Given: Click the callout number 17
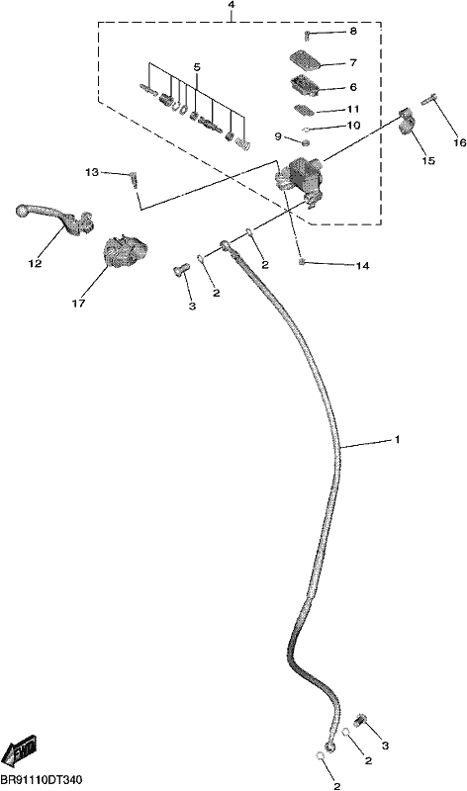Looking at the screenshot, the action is coord(79,304).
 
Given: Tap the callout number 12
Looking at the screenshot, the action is coord(35,263).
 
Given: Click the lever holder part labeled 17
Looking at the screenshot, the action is coord(126,251).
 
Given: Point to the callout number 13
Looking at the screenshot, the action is coord(92,172).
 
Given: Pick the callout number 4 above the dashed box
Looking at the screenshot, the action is coord(232,5).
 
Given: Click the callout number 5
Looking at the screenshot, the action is coord(197,67).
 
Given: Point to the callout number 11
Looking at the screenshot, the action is coord(353,109).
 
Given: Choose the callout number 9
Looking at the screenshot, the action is coord(278,136).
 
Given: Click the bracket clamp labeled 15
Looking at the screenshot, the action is coord(408,123).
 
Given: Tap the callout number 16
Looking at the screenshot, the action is coord(460,142).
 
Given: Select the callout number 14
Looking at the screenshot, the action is coord(362,265).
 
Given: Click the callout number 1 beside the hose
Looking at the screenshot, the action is coord(398,439).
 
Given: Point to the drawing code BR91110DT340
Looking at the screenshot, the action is coord(42,780).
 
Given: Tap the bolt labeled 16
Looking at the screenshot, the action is coord(428,100).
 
